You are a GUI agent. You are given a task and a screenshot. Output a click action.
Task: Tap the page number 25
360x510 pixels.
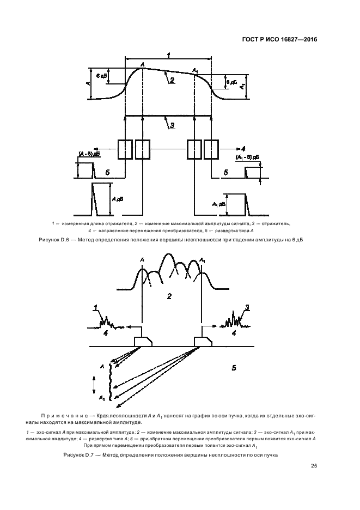[314, 465]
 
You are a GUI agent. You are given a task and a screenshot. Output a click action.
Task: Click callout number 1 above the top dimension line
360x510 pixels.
[168, 55]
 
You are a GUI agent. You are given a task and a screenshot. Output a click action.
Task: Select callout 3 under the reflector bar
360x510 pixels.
[172, 125]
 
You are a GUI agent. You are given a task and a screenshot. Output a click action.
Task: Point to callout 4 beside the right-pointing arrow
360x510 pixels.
[243, 148]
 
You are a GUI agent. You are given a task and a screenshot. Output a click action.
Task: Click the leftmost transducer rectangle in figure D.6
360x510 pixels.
[125, 149]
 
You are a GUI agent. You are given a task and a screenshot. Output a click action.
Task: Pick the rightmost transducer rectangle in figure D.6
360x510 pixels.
[211, 149]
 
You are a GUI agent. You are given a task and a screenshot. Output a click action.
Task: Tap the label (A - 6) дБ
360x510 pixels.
[89, 154]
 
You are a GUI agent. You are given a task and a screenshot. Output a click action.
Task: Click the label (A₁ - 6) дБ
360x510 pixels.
[247, 157]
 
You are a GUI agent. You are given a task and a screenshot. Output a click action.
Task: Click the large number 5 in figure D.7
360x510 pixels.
[234, 368]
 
